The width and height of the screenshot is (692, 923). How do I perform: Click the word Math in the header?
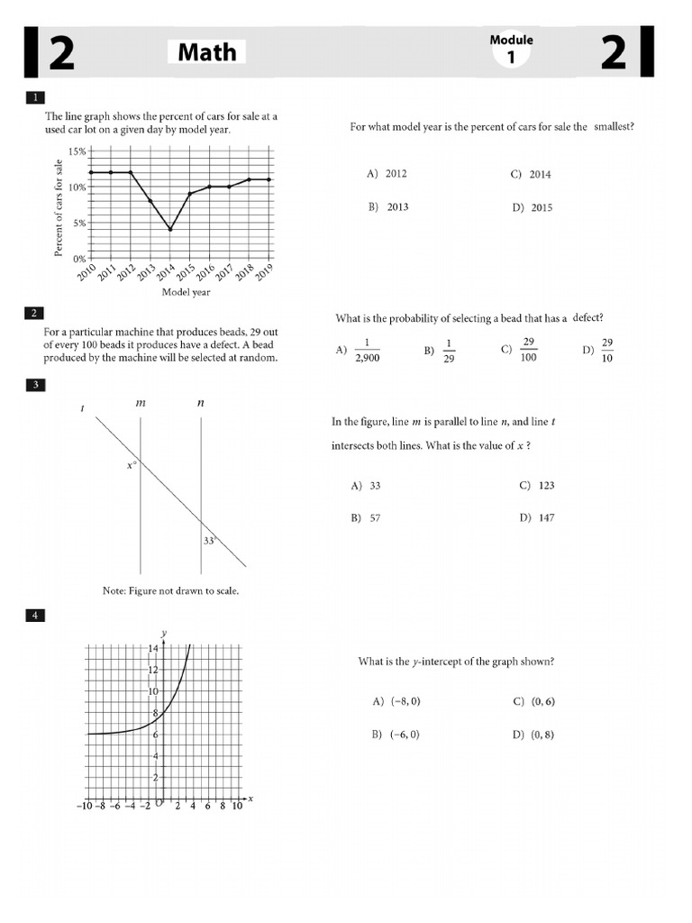coord(206,52)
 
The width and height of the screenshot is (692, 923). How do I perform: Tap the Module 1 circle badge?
coord(511,51)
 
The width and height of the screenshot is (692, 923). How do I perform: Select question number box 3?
coord(34,385)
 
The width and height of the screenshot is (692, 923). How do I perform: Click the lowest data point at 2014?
coord(169,229)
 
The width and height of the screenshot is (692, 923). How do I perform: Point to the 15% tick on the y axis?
coord(77,151)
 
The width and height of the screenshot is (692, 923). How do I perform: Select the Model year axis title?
coord(186,292)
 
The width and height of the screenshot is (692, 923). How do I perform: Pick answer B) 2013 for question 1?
coord(388,207)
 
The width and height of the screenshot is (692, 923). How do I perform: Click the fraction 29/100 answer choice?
coord(528,350)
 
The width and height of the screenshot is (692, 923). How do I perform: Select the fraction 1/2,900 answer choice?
coord(368,350)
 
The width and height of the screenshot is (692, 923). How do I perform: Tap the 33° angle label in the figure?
coord(209,541)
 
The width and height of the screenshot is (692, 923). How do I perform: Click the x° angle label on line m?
coord(132,466)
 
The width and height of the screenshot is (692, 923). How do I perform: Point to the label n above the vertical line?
coord(200,403)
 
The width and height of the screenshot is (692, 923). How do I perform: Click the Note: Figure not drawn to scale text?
coord(170,591)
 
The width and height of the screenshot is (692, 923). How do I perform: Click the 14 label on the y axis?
coord(153,649)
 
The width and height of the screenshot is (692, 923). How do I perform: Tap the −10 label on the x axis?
coord(86,807)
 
